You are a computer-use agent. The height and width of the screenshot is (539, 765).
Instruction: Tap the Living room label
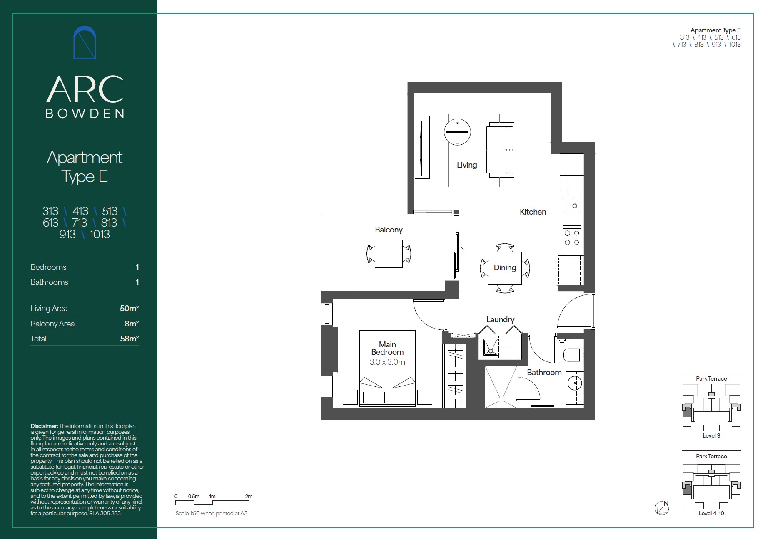pos(467,165)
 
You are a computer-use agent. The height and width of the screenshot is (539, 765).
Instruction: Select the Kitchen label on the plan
pos(533,212)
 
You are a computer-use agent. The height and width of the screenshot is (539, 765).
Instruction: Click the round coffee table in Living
pos(457,132)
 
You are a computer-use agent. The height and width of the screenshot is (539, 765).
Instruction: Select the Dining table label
pos(505,268)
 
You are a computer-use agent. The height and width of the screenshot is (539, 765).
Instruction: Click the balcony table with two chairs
pos(389,254)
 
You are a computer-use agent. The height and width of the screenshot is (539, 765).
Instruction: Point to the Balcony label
pos(389,230)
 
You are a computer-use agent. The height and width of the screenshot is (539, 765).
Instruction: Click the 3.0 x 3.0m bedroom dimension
pos(387,362)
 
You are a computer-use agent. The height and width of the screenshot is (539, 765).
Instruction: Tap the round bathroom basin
pos(574,383)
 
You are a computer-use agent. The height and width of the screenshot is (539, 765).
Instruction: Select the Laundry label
pos(500,320)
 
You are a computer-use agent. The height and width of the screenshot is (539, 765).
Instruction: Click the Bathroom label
pos(544,373)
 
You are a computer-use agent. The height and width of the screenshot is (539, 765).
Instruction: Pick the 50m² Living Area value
pos(129,308)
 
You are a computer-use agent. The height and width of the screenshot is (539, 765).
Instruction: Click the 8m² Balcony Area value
pos(131,324)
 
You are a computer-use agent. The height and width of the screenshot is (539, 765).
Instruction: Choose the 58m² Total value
pos(130,339)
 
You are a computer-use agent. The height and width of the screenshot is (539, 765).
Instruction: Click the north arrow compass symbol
pos(662,508)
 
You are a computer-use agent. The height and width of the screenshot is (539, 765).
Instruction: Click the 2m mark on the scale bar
pos(249,497)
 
